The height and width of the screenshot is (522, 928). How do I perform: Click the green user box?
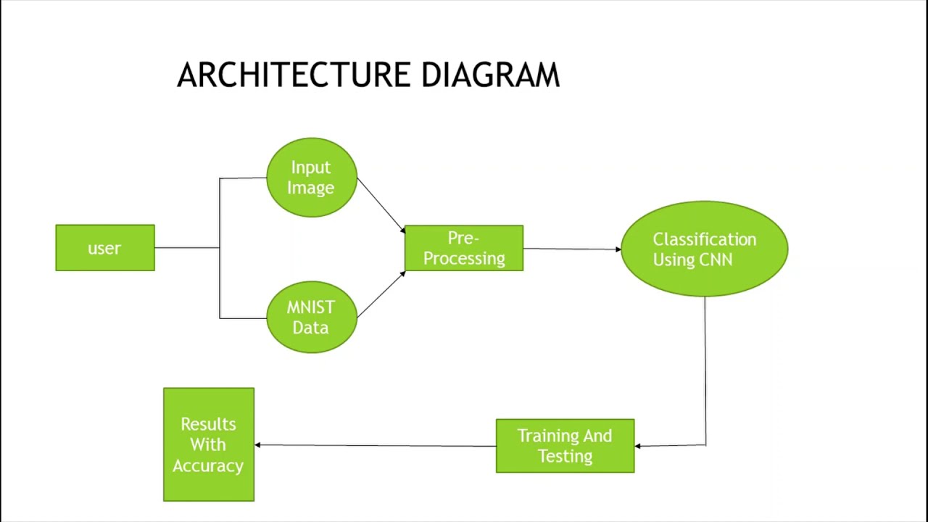pos(105,248)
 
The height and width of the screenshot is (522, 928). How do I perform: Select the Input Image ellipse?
pos(311,178)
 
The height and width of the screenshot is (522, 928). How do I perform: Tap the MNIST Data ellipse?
pos(311,318)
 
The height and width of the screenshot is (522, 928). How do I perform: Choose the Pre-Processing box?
pos(464,248)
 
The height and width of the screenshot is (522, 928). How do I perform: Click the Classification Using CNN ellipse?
pos(704,249)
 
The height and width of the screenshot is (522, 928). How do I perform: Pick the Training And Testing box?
pos(565,446)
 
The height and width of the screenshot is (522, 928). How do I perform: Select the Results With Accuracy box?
pos(209,444)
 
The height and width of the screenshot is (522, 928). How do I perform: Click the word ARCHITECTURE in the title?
pos(294,75)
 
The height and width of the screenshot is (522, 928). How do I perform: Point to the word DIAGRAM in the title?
pos(491,75)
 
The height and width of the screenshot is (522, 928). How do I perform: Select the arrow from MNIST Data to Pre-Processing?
pos(381,294)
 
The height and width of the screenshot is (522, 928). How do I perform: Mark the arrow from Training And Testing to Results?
pos(375,445)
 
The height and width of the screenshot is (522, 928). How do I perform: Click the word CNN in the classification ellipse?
pos(714,260)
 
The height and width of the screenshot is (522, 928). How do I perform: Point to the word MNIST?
pos(310,307)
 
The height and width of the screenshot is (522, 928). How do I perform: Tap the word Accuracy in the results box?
pos(208,465)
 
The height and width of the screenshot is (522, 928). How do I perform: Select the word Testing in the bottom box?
pos(565,456)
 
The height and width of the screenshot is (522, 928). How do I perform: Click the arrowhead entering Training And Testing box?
pos(638,446)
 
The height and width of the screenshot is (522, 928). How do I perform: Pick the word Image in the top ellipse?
pos(310,188)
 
